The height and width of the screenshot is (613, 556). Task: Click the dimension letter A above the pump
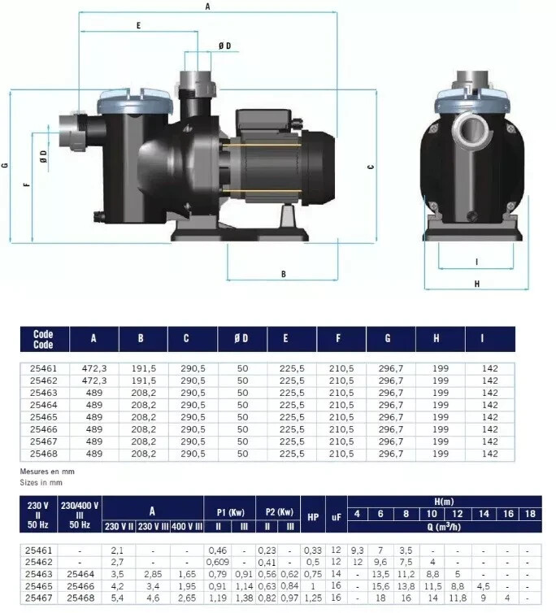click(x=208, y=6)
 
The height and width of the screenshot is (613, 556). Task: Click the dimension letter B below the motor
click(x=284, y=274)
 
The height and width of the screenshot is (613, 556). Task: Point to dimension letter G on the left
click(x=6, y=166)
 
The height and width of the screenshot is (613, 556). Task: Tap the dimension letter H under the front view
click(x=477, y=284)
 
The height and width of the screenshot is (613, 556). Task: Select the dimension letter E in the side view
click(x=139, y=26)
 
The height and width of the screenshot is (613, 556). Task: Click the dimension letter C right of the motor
click(x=371, y=167)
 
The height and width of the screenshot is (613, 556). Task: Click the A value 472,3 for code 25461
click(x=94, y=368)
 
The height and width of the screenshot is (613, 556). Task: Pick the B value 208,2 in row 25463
click(x=143, y=393)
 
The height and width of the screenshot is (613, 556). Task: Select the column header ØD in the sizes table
click(x=242, y=338)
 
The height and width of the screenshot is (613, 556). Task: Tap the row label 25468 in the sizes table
click(x=43, y=453)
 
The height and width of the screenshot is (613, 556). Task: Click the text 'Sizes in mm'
click(x=39, y=482)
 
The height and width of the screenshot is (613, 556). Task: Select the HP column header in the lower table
click(x=314, y=516)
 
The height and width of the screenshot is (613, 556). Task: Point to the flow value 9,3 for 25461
click(x=358, y=551)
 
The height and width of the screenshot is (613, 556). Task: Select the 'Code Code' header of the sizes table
click(x=43, y=338)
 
